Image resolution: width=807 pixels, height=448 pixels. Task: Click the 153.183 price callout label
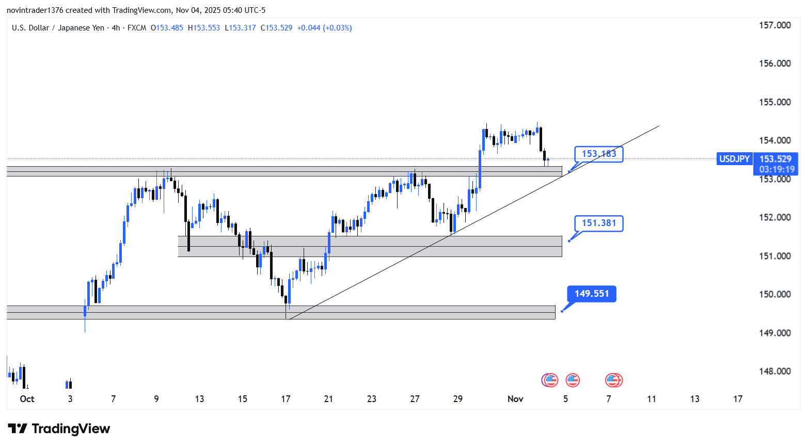[598, 154]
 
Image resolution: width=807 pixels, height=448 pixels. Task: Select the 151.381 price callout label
[598, 223]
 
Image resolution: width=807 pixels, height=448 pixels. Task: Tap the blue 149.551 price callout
[592, 294]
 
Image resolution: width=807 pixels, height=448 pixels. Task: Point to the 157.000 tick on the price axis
[774, 25]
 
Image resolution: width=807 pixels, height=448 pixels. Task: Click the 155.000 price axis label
[774, 102]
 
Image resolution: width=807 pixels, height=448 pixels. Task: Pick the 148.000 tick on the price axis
[774, 371]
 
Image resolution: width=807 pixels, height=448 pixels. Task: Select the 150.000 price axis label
[774, 294]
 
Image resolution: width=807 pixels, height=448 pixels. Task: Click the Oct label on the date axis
[27, 399]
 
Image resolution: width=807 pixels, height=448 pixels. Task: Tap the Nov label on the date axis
[515, 399]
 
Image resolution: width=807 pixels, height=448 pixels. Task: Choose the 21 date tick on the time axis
[328, 399]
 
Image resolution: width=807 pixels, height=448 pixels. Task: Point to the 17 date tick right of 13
[738, 399]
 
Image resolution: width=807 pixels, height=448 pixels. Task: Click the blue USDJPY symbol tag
[734, 159]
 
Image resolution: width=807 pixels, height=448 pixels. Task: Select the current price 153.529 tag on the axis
[775, 159]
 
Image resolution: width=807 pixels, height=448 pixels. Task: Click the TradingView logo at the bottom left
[59, 429]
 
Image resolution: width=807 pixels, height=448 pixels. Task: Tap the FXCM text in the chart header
[137, 28]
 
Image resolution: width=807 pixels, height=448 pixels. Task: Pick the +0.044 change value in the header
[308, 28]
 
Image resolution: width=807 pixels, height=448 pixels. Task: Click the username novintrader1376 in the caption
[35, 10]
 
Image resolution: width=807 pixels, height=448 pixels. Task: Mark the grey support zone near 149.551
[281, 312]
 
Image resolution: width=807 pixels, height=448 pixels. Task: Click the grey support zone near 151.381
[370, 246]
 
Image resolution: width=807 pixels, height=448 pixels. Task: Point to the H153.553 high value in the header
[204, 28]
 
